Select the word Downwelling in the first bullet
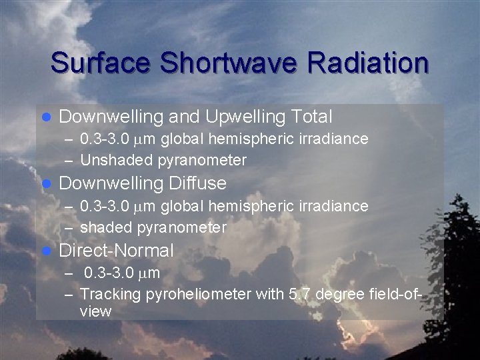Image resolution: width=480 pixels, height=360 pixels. pos(111,117)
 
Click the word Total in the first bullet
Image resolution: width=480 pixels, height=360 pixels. pos(311,117)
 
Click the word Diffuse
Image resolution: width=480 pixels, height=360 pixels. pos(198,183)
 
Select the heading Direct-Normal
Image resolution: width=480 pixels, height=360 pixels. pos(117,251)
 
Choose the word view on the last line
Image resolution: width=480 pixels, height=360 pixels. pos(95,311)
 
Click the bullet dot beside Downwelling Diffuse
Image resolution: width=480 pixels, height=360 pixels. pos(47,183)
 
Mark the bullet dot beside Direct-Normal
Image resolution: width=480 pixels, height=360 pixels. pos(47,251)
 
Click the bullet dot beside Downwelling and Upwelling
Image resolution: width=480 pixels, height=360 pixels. pos(47,118)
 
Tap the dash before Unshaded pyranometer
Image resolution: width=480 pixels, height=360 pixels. pos(70,161)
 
